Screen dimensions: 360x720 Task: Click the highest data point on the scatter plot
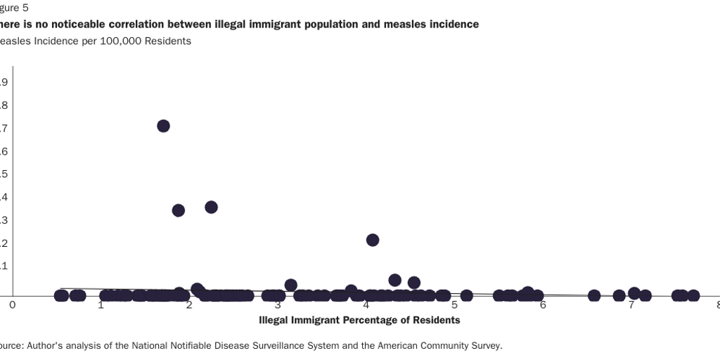pyautogui.click(x=163, y=126)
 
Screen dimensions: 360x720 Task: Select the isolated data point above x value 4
pyautogui.click(x=373, y=240)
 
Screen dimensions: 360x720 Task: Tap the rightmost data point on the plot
pyautogui.click(x=693, y=295)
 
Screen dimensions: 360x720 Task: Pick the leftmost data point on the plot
pyautogui.click(x=61, y=295)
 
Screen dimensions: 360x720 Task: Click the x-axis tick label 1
pyautogui.click(x=101, y=305)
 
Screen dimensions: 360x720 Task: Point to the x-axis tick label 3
pyautogui.click(x=278, y=305)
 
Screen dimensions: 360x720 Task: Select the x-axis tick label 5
pyautogui.click(x=455, y=305)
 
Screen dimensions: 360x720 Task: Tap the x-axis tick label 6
pyautogui.click(x=543, y=305)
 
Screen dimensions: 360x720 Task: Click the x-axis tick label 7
pyautogui.click(x=631, y=305)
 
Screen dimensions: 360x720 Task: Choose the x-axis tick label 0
pyautogui.click(x=12, y=305)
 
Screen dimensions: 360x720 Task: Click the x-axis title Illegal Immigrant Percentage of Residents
pyautogui.click(x=359, y=320)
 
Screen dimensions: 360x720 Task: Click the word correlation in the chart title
pyautogui.click(x=139, y=24)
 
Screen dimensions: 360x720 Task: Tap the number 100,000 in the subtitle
pyautogui.click(x=120, y=41)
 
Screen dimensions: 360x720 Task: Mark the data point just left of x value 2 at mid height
pyautogui.click(x=178, y=210)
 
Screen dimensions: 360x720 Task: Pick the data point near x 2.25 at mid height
pyautogui.click(x=211, y=207)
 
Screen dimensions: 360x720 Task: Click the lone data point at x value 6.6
pyautogui.click(x=594, y=295)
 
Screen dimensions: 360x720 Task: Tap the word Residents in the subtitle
pyautogui.click(x=169, y=41)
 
